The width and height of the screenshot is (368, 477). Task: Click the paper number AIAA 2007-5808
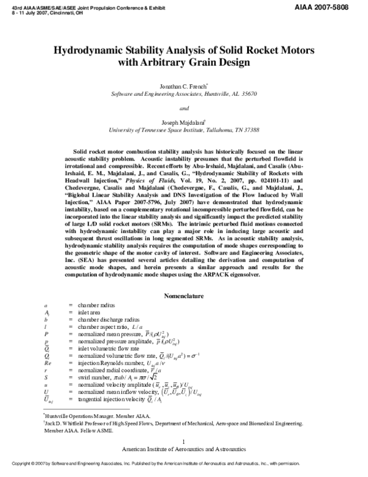coord(336,5)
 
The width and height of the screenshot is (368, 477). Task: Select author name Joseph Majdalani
coord(183,122)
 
